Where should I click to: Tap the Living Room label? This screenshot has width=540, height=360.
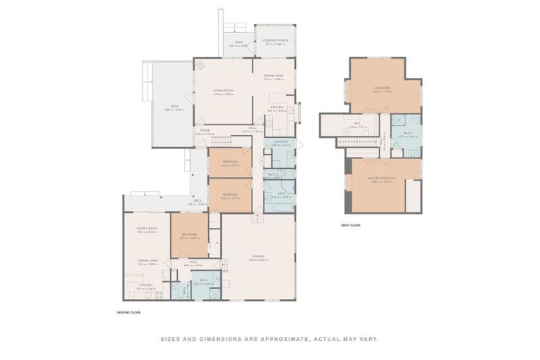[x=223, y=92]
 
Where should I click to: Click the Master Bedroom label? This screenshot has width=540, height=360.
[x=381, y=179]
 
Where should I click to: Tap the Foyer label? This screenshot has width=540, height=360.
[x=205, y=130]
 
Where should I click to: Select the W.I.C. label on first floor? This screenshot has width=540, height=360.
[x=357, y=124]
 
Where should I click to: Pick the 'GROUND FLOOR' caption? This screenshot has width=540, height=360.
[x=128, y=311]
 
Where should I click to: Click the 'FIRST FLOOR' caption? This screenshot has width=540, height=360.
[x=351, y=225]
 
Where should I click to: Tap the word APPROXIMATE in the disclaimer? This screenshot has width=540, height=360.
[x=283, y=339]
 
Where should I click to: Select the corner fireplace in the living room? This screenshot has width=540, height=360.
[x=200, y=65]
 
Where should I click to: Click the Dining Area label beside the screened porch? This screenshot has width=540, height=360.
[x=274, y=77]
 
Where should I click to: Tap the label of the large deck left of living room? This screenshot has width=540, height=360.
[x=173, y=108]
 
